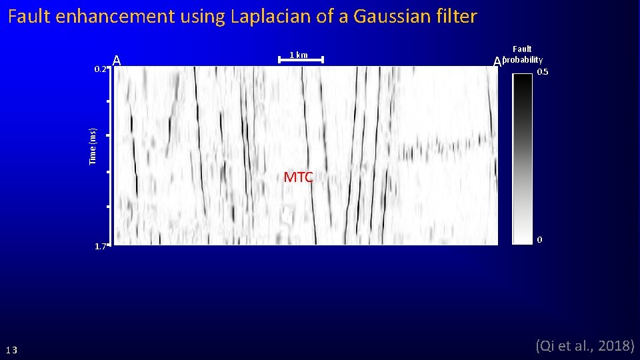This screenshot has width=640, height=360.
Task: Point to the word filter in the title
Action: click(456, 17)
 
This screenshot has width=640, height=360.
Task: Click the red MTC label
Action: click(298, 177)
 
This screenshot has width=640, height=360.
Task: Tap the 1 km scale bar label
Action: click(299, 55)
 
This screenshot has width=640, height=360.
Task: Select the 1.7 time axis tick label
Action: click(101, 246)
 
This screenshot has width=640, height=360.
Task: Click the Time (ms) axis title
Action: click(93, 146)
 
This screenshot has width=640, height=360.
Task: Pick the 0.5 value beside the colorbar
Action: click(543, 72)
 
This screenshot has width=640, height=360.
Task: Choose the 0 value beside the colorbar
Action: click(539, 239)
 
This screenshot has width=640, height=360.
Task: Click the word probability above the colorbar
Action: click(523, 60)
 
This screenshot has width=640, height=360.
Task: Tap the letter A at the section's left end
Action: click(117, 61)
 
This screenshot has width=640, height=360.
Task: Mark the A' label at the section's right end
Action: click(497, 62)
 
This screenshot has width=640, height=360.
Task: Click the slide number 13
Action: click(12, 351)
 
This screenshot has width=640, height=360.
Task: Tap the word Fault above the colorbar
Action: click(522, 49)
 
